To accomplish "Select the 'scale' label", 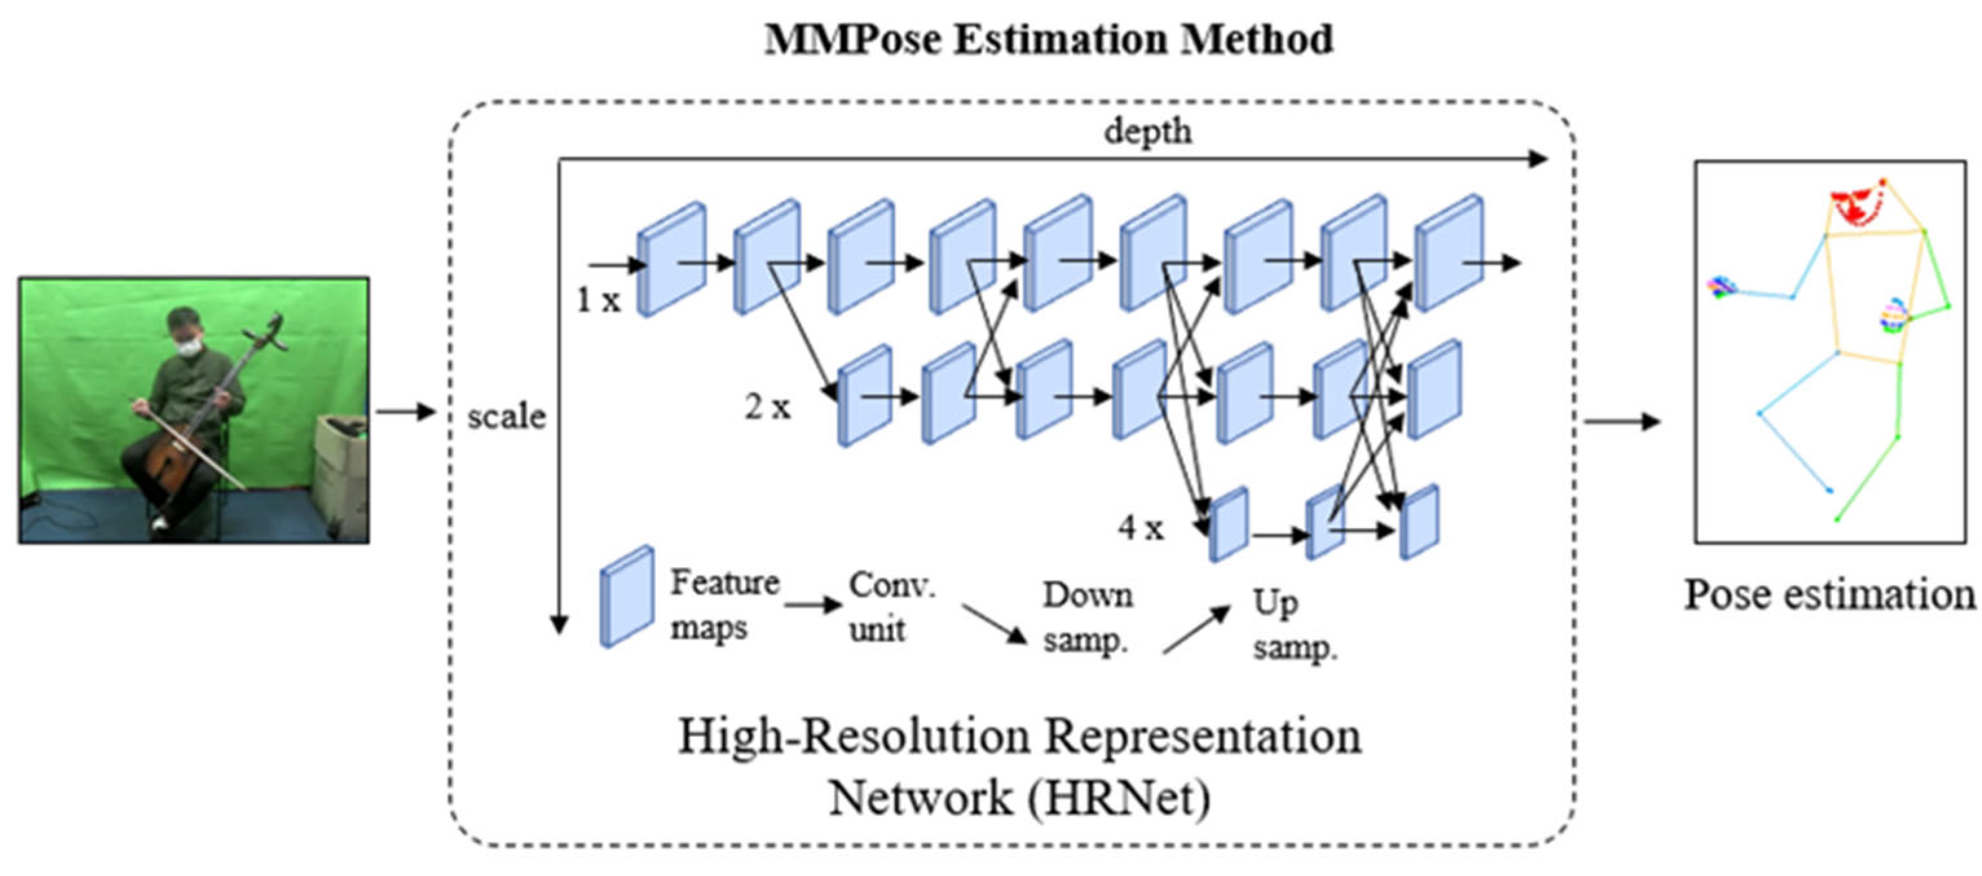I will pyautogui.click(x=506, y=416).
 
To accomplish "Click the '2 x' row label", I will pyautogui.click(x=767, y=406).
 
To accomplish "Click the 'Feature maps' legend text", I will pyautogui.click(x=723, y=604).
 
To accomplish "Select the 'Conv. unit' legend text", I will pyautogui.click(x=891, y=608).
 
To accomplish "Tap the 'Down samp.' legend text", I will pyautogui.click(x=1086, y=617).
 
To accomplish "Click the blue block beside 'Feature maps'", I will pyautogui.click(x=627, y=597).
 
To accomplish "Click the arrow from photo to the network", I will pyautogui.click(x=405, y=411).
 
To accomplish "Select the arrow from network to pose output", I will pyautogui.click(x=1621, y=422).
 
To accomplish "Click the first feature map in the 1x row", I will pyautogui.click(x=671, y=259).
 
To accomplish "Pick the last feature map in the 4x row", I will pyautogui.click(x=1419, y=522).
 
